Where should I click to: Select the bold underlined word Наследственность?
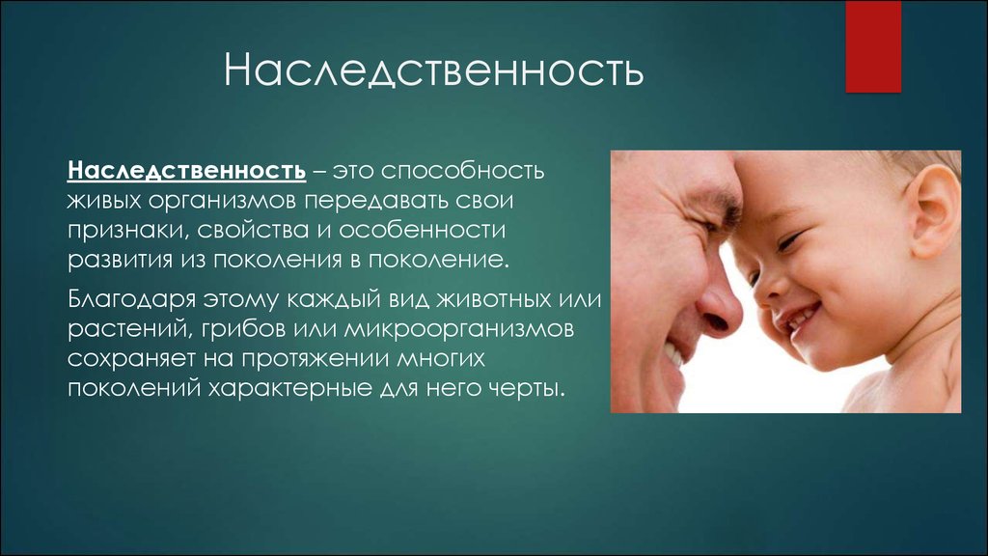click(186, 171)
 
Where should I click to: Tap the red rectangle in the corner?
click(873, 46)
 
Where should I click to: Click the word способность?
click(462, 171)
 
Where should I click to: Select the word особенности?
click(423, 230)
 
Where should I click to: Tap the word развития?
click(120, 261)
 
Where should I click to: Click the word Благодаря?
click(131, 299)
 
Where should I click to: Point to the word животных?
click(494, 299)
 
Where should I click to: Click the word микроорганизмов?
click(459, 329)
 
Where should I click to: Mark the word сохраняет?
click(131, 359)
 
